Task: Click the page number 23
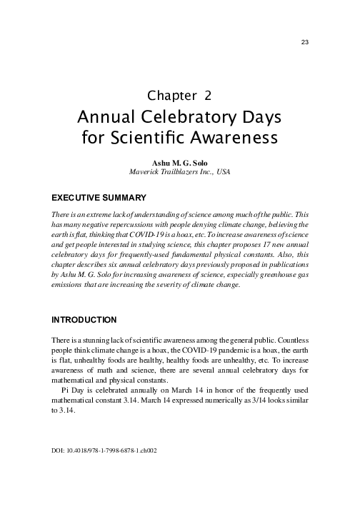click(304, 42)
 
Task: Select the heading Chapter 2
click(179, 95)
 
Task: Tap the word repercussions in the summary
click(141, 223)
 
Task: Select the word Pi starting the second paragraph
click(66, 391)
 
